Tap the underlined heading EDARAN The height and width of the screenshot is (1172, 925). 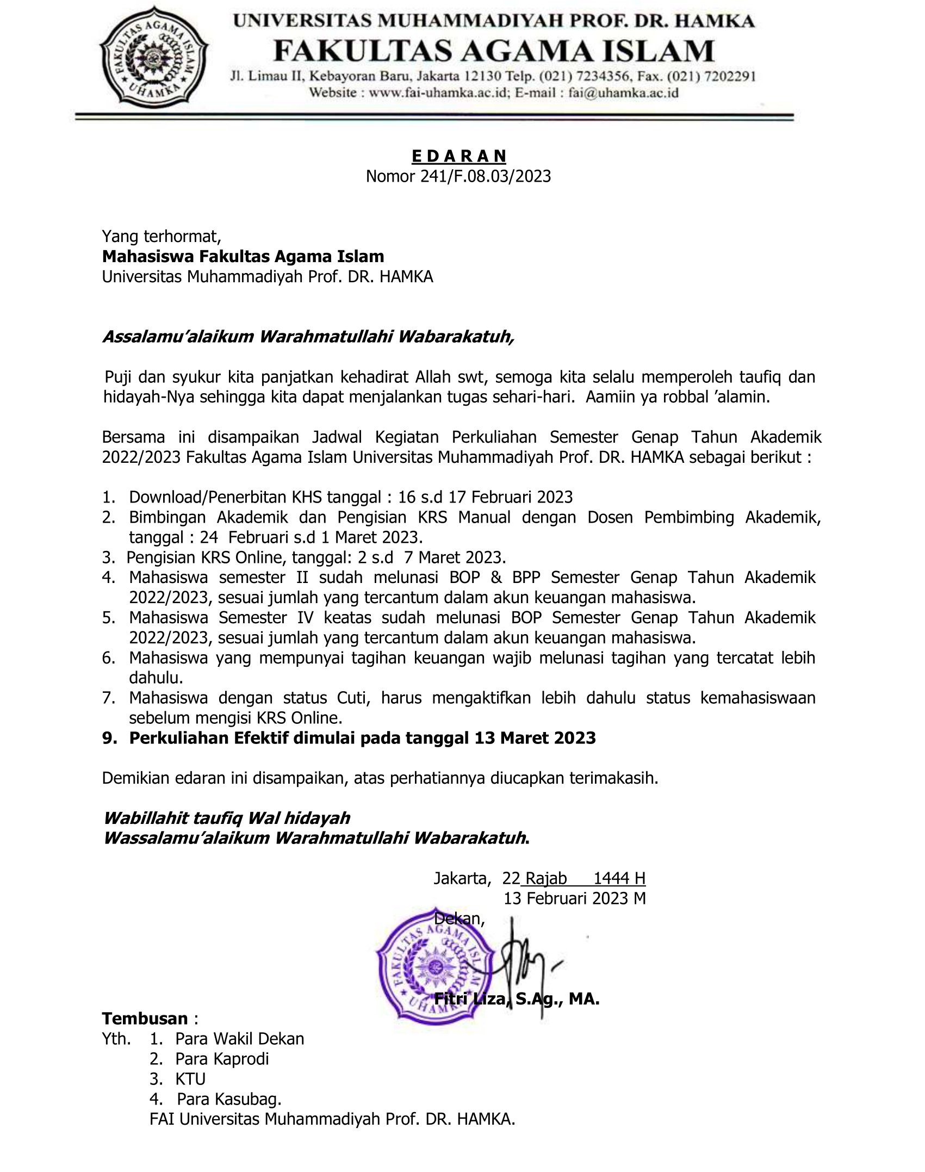point(459,157)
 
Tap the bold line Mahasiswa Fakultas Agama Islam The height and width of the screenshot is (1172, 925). point(243,256)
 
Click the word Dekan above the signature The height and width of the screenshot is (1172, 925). point(458,919)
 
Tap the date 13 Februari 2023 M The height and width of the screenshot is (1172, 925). point(574,898)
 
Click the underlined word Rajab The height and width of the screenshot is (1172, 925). point(546,878)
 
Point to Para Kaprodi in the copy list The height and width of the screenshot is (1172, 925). point(222,1058)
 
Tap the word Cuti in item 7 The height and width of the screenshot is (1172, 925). point(351,698)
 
